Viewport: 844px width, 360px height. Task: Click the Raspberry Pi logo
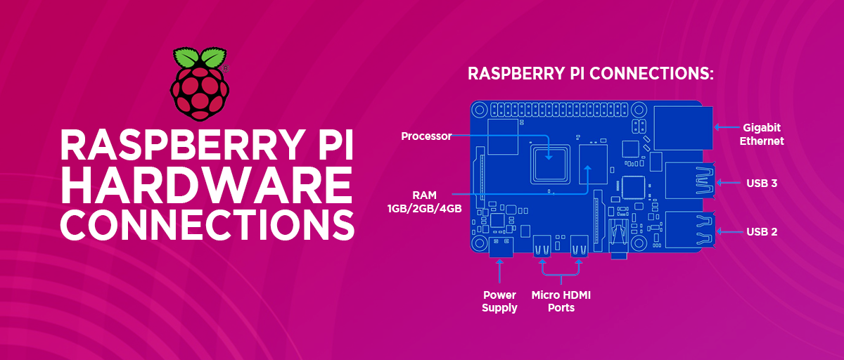pos(199,84)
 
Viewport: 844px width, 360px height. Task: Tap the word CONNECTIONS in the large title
pos(207,224)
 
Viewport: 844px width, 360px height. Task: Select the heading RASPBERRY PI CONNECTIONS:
pos(591,74)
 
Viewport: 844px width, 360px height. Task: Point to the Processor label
pos(426,136)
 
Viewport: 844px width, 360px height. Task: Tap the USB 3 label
pos(762,183)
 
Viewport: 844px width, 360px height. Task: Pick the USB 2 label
pos(762,231)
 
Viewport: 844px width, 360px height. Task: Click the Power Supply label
pos(499,302)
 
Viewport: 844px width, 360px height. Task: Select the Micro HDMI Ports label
pos(561,302)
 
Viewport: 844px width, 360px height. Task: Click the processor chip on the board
pos(551,161)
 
